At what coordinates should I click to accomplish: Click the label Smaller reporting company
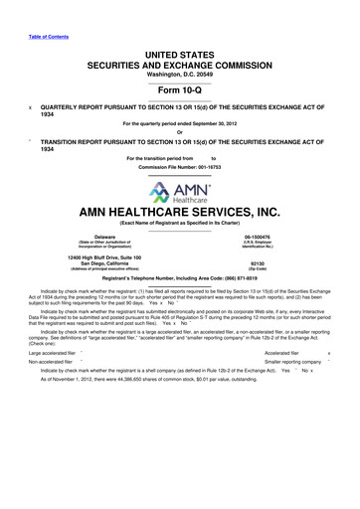pyautogui.click(x=291, y=391)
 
